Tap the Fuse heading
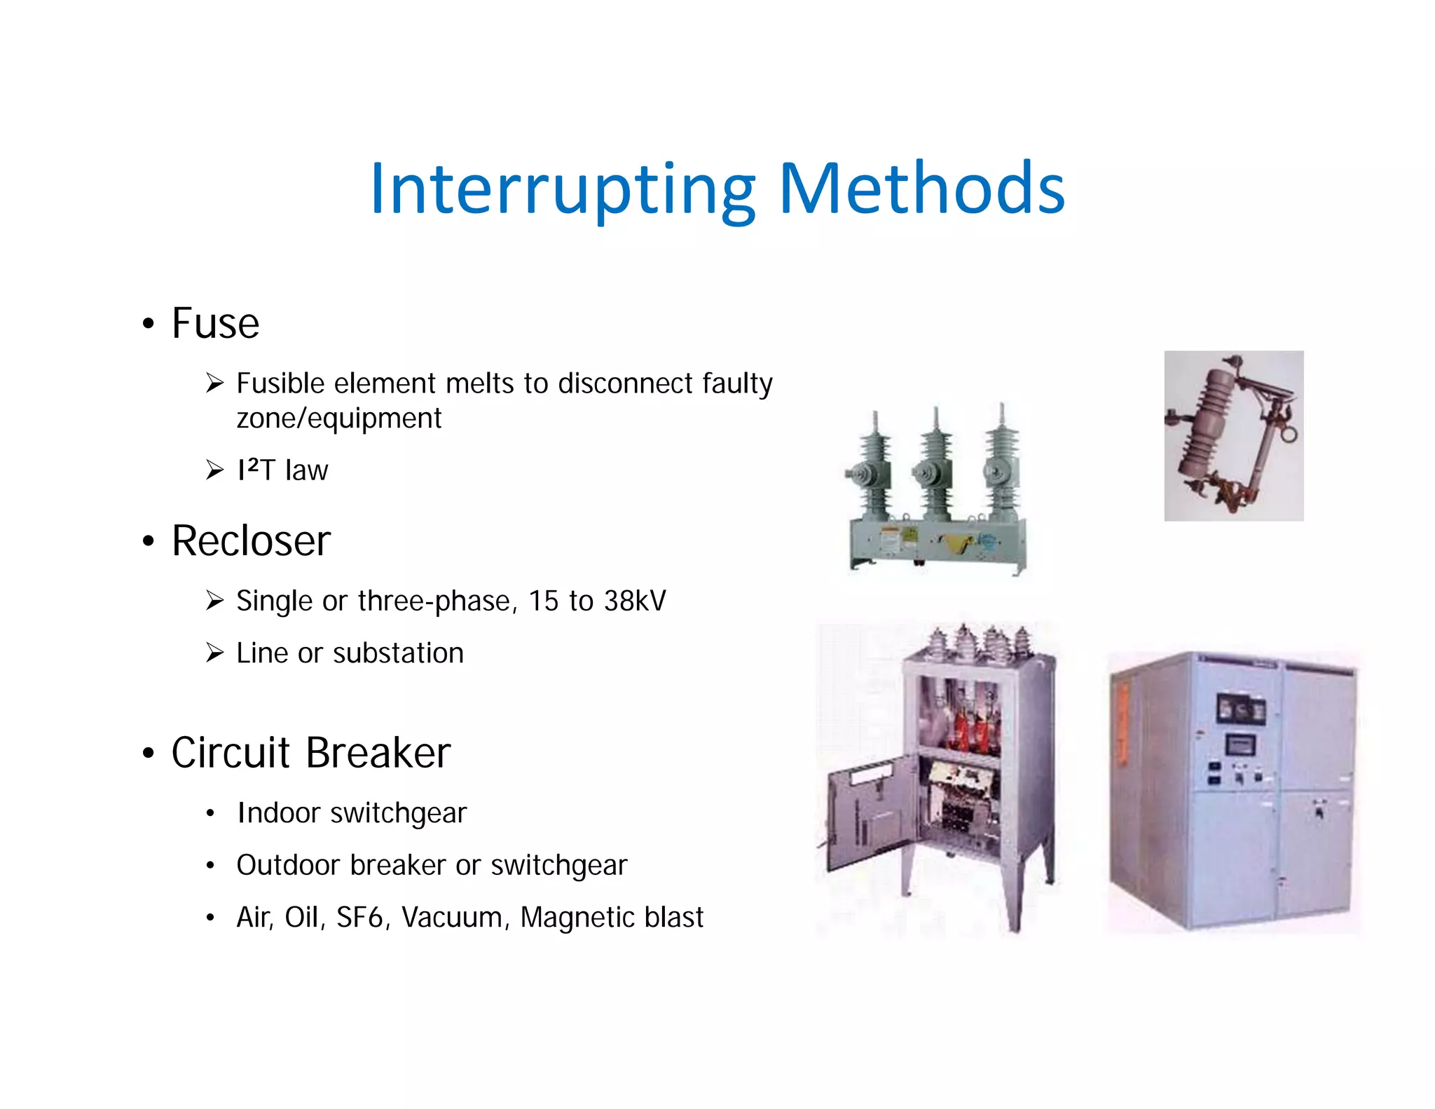pos(215,324)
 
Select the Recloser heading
pos(251,541)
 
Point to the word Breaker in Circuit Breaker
pos(378,754)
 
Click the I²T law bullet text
pos(282,470)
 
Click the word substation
pos(398,653)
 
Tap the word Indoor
pos(279,813)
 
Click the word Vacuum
pos(456,918)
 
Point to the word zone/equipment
pos(339,419)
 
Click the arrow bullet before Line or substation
pos(214,653)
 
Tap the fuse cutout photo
pos(1233,435)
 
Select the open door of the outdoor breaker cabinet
pos(871,813)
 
